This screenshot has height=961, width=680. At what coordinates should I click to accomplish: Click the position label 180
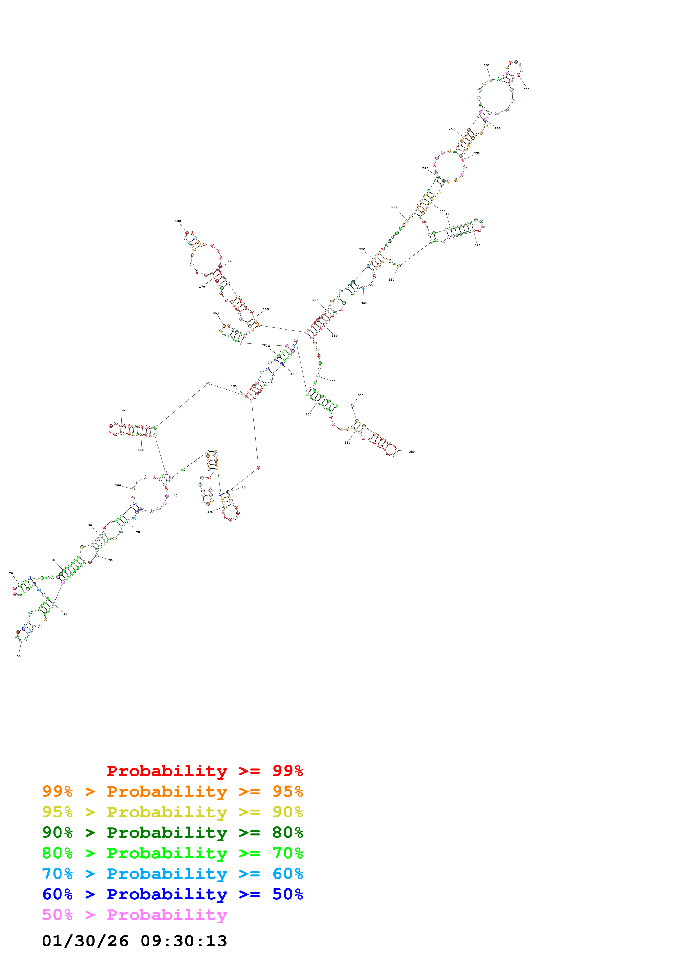pos(178,221)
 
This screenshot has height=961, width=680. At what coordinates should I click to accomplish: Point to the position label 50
pos(18,656)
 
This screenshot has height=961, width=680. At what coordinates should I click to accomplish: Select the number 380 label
pos(412,452)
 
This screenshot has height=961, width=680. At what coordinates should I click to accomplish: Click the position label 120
pos(122,411)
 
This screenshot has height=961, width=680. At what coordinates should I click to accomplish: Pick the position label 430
pos(210,512)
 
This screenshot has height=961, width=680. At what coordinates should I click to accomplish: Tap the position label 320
pos(477,245)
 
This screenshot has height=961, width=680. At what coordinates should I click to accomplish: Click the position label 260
pos(486,65)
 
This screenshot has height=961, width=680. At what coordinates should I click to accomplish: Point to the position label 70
pos(11,573)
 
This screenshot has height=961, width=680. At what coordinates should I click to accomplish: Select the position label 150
pos(216,313)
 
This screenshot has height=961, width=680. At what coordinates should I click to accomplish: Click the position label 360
pos(332,381)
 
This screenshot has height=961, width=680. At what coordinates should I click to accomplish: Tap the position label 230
pos(394,207)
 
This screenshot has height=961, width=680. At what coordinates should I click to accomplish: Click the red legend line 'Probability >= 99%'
pos(205,771)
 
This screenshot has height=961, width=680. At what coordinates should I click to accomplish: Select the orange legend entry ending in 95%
pos(173,791)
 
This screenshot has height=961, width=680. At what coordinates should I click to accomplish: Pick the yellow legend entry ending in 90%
pos(173,812)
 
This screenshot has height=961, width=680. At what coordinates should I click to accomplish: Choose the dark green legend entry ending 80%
pos(173,833)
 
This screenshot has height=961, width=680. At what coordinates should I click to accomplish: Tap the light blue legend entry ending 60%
pos(173,874)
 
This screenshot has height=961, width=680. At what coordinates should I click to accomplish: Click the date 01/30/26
pos(85,941)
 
